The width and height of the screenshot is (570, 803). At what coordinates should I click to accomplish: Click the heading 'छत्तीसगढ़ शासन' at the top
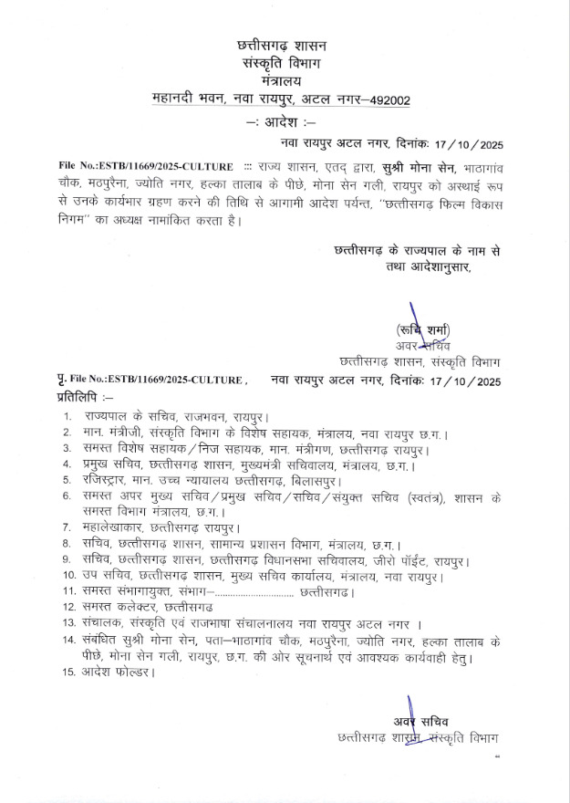(x=282, y=45)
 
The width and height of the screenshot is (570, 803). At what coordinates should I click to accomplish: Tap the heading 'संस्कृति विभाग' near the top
(x=282, y=62)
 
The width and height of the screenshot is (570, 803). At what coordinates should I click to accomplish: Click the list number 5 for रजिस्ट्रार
(x=67, y=480)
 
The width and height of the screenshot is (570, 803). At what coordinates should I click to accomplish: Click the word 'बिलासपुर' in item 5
(x=313, y=480)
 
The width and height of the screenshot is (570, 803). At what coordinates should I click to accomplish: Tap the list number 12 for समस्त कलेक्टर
(x=69, y=608)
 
